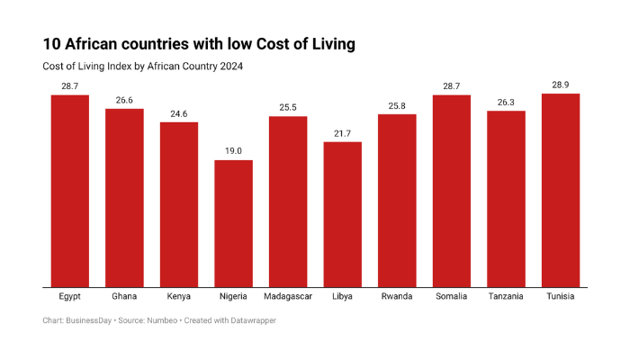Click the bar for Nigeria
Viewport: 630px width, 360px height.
click(233, 224)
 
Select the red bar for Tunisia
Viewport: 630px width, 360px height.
click(560, 191)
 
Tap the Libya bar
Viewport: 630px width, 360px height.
click(342, 215)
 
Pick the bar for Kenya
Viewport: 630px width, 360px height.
click(179, 205)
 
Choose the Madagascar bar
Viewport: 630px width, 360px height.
click(288, 202)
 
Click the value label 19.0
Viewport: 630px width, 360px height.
click(233, 151)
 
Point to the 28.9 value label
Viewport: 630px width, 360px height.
click(560, 85)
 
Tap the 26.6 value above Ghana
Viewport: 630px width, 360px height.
click(124, 100)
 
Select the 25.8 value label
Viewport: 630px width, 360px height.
click(397, 105)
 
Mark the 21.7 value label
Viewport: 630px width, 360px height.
click(342, 133)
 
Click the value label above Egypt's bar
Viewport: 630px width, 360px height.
click(69, 85)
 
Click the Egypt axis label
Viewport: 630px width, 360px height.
click(69, 296)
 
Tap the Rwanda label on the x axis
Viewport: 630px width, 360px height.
click(397, 296)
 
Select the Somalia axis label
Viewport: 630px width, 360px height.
click(451, 296)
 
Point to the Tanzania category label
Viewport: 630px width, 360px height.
click(506, 296)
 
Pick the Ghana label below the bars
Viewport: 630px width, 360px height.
click(124, 296)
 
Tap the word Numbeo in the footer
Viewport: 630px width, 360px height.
click(159, 321)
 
